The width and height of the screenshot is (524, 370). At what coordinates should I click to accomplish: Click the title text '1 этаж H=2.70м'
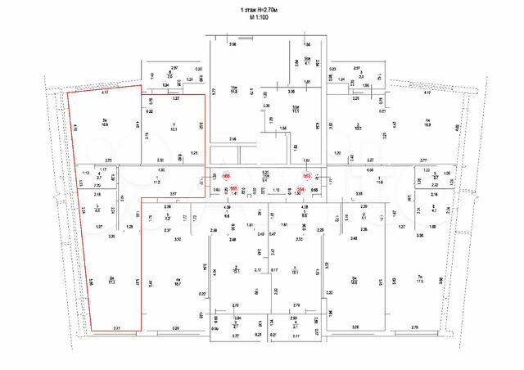pos(262,8)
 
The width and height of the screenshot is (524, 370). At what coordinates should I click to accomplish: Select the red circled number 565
pos(234,189)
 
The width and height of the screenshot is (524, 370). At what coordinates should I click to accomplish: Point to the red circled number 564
pos(300,189)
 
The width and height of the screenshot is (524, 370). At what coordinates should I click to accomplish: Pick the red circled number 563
pos(306,176)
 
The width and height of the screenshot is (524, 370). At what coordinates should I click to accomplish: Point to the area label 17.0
pos(418,281)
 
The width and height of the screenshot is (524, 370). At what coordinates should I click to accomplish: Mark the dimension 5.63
pos(394,281)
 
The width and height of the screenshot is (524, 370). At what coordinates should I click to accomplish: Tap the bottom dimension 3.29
pos(174,328)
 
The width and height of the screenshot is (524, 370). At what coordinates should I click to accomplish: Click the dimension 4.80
pos(161,169)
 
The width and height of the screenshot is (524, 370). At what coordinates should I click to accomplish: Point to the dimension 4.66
pos(370,169)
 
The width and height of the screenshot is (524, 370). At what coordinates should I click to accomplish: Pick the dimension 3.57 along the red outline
pos(173,193)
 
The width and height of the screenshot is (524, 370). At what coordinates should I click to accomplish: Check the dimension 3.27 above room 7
pos(175,98)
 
